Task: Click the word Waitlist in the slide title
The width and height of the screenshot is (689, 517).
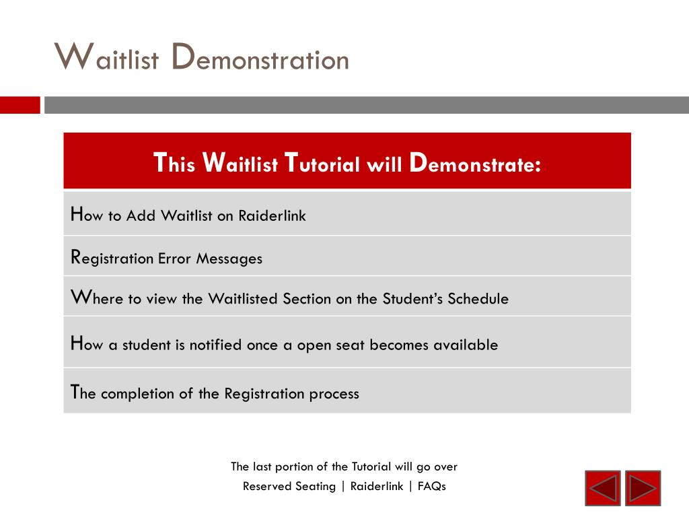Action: pos(106,57)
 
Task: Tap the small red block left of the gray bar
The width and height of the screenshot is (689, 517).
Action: pos(20,105)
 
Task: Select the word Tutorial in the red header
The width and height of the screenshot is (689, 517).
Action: pos(322,163)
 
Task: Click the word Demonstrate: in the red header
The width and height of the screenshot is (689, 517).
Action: pos(475,163)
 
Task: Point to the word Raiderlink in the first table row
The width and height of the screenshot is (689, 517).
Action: pos(272,215)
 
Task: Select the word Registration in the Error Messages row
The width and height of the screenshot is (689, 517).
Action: pos(112,258)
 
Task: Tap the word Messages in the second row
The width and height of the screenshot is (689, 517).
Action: pos(229,258)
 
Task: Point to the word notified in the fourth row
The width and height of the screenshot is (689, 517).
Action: pos(215,344)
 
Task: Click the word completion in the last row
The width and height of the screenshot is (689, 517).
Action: pos(137,393)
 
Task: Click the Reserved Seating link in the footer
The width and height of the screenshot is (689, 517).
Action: pos(289,486)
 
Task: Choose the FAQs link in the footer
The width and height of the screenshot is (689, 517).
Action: pos(432,486)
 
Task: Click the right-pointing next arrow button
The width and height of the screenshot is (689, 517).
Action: pos(643,488)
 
